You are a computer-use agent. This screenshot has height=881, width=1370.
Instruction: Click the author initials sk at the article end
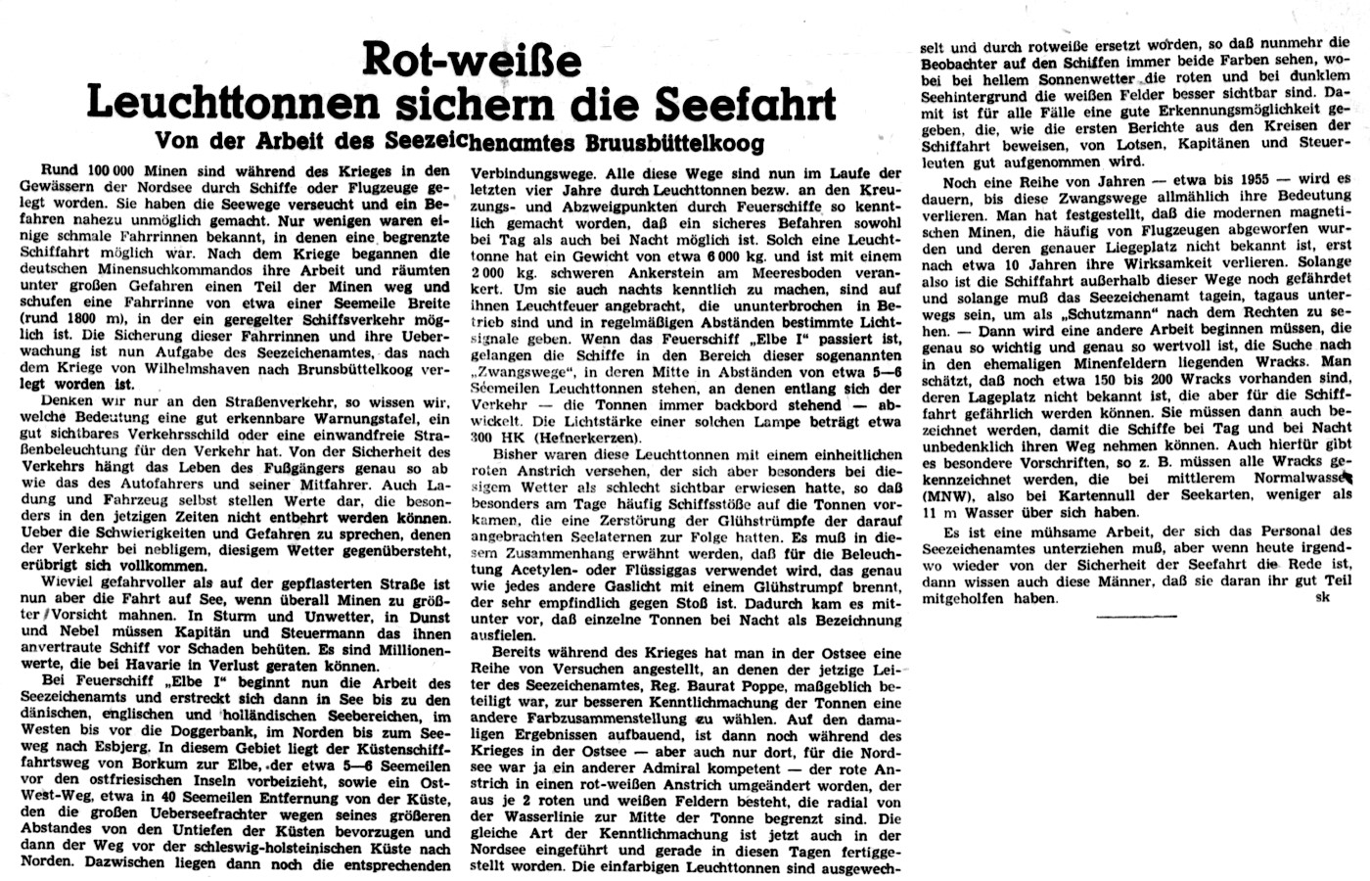click(x=1323, y=598)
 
